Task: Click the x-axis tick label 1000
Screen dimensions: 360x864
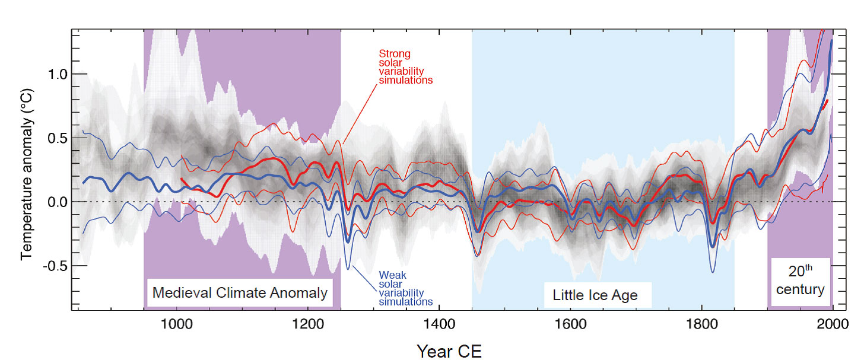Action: click(x=176, y=326)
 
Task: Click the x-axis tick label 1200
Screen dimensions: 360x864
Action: click(x=307, y=326)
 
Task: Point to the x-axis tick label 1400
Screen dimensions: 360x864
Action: click(x=439, y=326)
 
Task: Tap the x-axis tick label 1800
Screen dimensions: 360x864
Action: click(x=701, y=326)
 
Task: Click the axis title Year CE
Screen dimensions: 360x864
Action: click(x=449, y=351)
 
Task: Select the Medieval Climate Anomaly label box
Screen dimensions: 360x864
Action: click(x=240, y=293)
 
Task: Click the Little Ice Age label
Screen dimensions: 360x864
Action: click(x=595, y=295)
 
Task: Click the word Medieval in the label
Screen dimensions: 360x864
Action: click(x=176, y=293)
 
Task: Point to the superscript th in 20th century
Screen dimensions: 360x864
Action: click(x=808, y=269)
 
